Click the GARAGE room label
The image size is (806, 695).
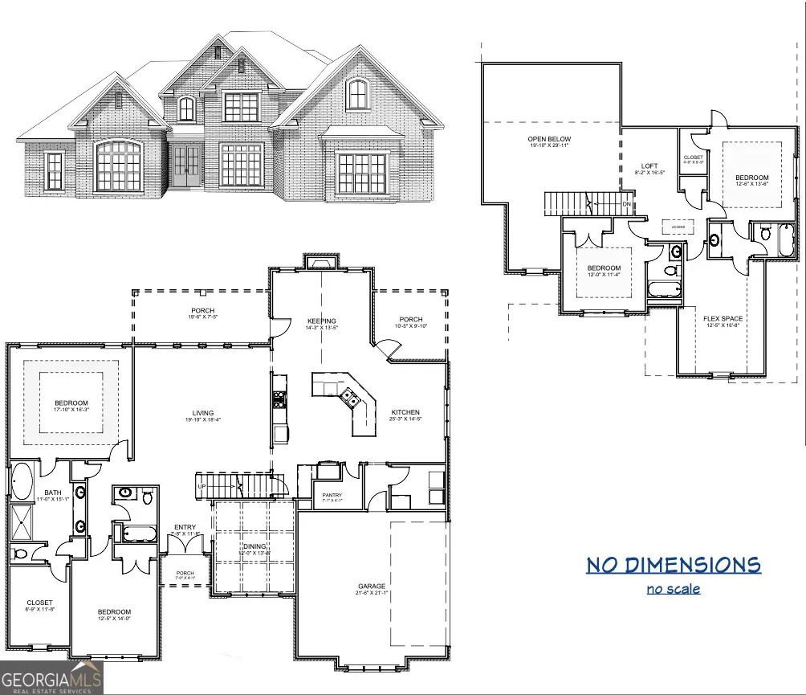[372, 587]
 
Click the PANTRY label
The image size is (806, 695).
[332, 495]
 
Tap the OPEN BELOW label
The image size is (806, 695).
[550, 140]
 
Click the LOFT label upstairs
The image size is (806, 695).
[649, 166]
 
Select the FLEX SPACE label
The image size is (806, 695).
[723, 319]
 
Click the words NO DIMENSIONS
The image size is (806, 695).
[673, 565]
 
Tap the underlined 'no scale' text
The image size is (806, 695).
[673, 589]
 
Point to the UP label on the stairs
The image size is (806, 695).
[202, 487]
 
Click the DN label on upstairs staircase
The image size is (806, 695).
[626, 204]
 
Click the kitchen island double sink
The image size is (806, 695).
[348, 395]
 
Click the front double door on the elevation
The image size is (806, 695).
[187, 168]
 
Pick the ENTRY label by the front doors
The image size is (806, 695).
[184, 529]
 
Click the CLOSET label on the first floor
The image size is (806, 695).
[39, 603]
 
